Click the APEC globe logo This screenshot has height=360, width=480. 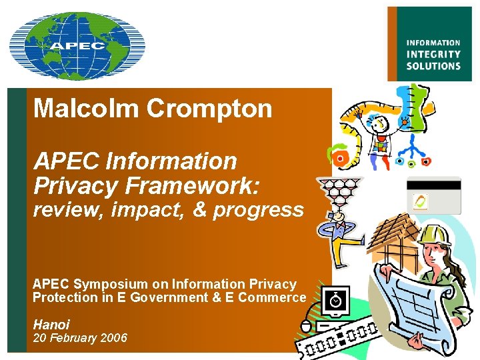click(x=77, y=45)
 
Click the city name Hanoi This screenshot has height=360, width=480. click(x=51, y=325)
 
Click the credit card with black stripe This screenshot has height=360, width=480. click(x=433, y=194)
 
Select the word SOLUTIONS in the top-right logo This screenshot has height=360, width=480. click(x=433, y=66)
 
